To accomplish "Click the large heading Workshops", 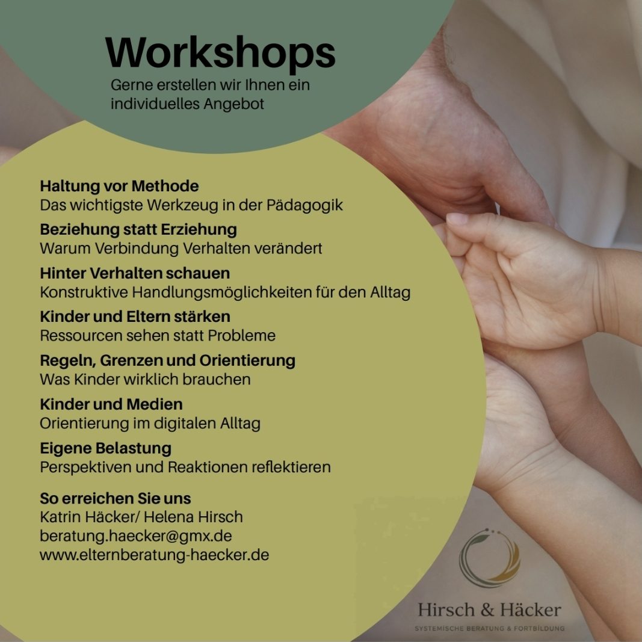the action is pos(220,53).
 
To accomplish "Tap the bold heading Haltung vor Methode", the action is pos(119,186).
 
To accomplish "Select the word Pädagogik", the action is pos(304,205).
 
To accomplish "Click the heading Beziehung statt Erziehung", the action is pos(138,229).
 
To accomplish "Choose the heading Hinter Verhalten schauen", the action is pos(135,273).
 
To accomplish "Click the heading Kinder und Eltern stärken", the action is pos(135,316).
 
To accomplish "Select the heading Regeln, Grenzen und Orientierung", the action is pos(167,361).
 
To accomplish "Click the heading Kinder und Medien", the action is pos(111,404).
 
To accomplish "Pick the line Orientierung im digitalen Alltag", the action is pos(150,424).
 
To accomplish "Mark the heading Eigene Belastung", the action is pos(106,448).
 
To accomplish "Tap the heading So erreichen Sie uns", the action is pos(116,498).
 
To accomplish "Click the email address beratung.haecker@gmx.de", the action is pos(136,536).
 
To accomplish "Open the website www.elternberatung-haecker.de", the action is pos(155,555).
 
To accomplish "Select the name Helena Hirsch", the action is pos(193,517).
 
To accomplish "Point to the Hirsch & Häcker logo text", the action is pos(489,610).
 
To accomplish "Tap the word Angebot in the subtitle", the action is pos(234,104).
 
